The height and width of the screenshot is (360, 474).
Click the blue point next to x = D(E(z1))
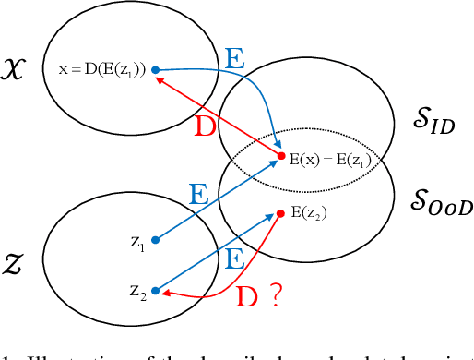click(155, 69)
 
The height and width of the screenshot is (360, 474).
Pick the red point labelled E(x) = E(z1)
click(280, 158)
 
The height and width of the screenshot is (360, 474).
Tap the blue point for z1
click(155, 240)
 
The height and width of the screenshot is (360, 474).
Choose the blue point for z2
click(155, 289)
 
